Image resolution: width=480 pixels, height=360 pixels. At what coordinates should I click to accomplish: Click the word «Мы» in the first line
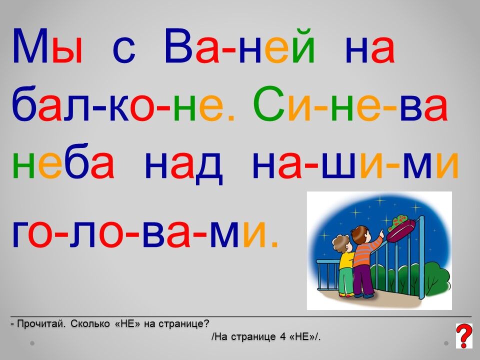click(47, 46)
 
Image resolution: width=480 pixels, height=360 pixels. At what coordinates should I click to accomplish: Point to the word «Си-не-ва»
click(351, 104)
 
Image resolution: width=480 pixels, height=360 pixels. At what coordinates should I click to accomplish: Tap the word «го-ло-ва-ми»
click(145, 233)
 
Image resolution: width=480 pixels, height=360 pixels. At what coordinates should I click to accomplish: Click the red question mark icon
click(464, 336)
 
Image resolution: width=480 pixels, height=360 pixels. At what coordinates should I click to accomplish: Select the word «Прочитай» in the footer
click(41, 323)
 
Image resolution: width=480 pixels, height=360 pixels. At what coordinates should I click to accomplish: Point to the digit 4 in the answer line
click(282, 336)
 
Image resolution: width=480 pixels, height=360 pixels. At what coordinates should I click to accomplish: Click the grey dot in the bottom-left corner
click(32, 343)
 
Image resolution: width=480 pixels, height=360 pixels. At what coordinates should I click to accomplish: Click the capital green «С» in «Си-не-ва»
click(269, 104)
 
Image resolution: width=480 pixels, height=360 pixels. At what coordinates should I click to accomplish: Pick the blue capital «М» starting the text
click(30, 46)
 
